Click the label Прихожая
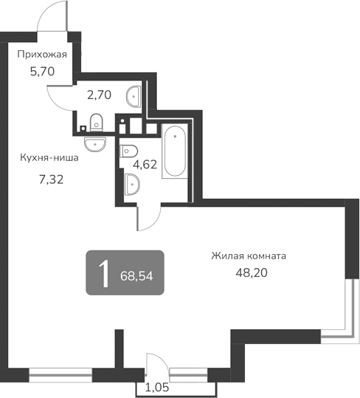coord(42,54)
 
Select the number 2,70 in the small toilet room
coord(98,95)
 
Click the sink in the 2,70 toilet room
coord(134,95)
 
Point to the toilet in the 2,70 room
coord(95,122)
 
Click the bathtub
coord(176,151)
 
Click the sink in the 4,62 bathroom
coord(133,184)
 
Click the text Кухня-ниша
coord(49,157)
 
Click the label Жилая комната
coord(249,256)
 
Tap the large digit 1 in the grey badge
coord(105,273)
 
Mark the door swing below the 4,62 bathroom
coord(148,216)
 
